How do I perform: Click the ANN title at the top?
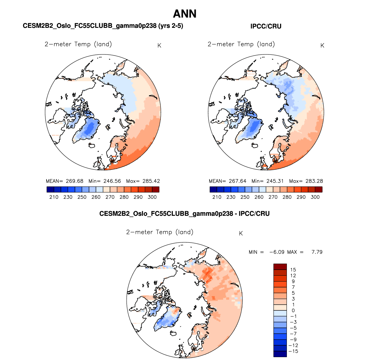[185, 14]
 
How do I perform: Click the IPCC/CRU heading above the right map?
[266, 26]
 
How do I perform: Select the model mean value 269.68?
[75, 181]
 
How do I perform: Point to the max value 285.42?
[151, 181]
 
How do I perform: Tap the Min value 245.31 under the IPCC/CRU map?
[275, 181]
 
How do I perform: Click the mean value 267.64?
[238, 181]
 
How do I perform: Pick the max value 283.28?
[314, 181]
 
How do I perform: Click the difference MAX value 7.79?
[317, 252]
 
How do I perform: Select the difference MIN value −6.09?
[277, 252]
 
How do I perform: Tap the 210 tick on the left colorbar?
[54, 197]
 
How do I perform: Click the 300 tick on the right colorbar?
[315, 197]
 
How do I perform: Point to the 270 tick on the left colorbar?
[110, 197]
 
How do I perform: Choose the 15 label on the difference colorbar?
[293, 270]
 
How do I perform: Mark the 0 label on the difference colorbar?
[293, 310]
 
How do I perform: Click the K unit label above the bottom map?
[241, 233]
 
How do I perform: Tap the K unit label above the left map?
[159, 46]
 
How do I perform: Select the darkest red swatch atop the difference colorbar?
[280, 267]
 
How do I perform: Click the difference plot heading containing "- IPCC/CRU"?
[184, 214]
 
